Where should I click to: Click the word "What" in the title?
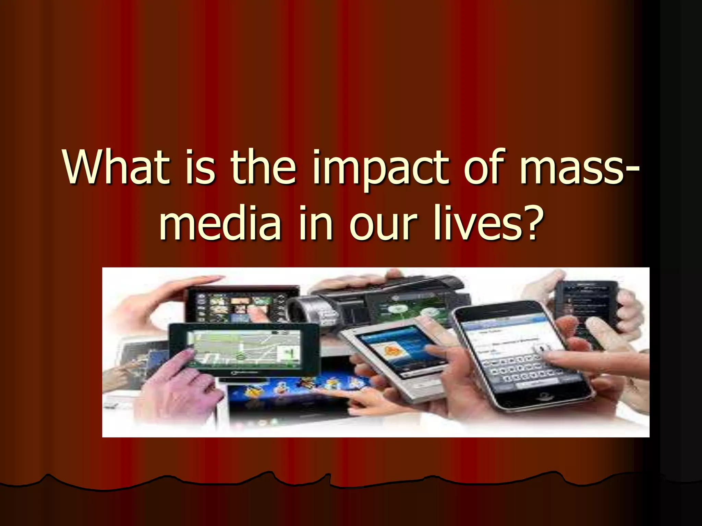116,168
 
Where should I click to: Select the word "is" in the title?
200,168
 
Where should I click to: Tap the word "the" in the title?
263,168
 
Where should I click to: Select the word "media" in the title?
220,223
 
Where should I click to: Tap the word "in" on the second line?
315,223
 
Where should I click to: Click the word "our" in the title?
383,224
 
